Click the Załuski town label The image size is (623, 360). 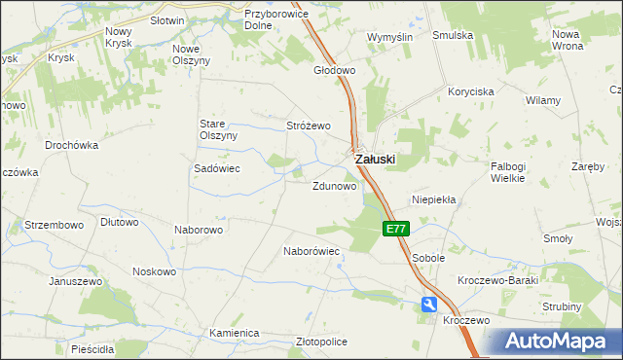(x=376, y=158)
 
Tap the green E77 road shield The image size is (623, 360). (x=395, y=230)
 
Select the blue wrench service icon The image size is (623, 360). (x=429, y=306)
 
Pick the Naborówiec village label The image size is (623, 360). (x=311, y=251)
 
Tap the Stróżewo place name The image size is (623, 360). (x=309, y=126)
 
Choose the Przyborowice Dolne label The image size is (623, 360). (x=277, y=20)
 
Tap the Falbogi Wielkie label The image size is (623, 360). (x=508, y=172)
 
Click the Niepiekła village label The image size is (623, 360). (x=434, y=198)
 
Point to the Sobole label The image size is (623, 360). (x=428, y=258)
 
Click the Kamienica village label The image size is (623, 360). (x=234, y=333)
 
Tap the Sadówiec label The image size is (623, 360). (x=217, y=167)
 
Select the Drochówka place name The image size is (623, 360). (x=72, y=145)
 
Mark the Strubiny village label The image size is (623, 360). (x=563, y=307)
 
